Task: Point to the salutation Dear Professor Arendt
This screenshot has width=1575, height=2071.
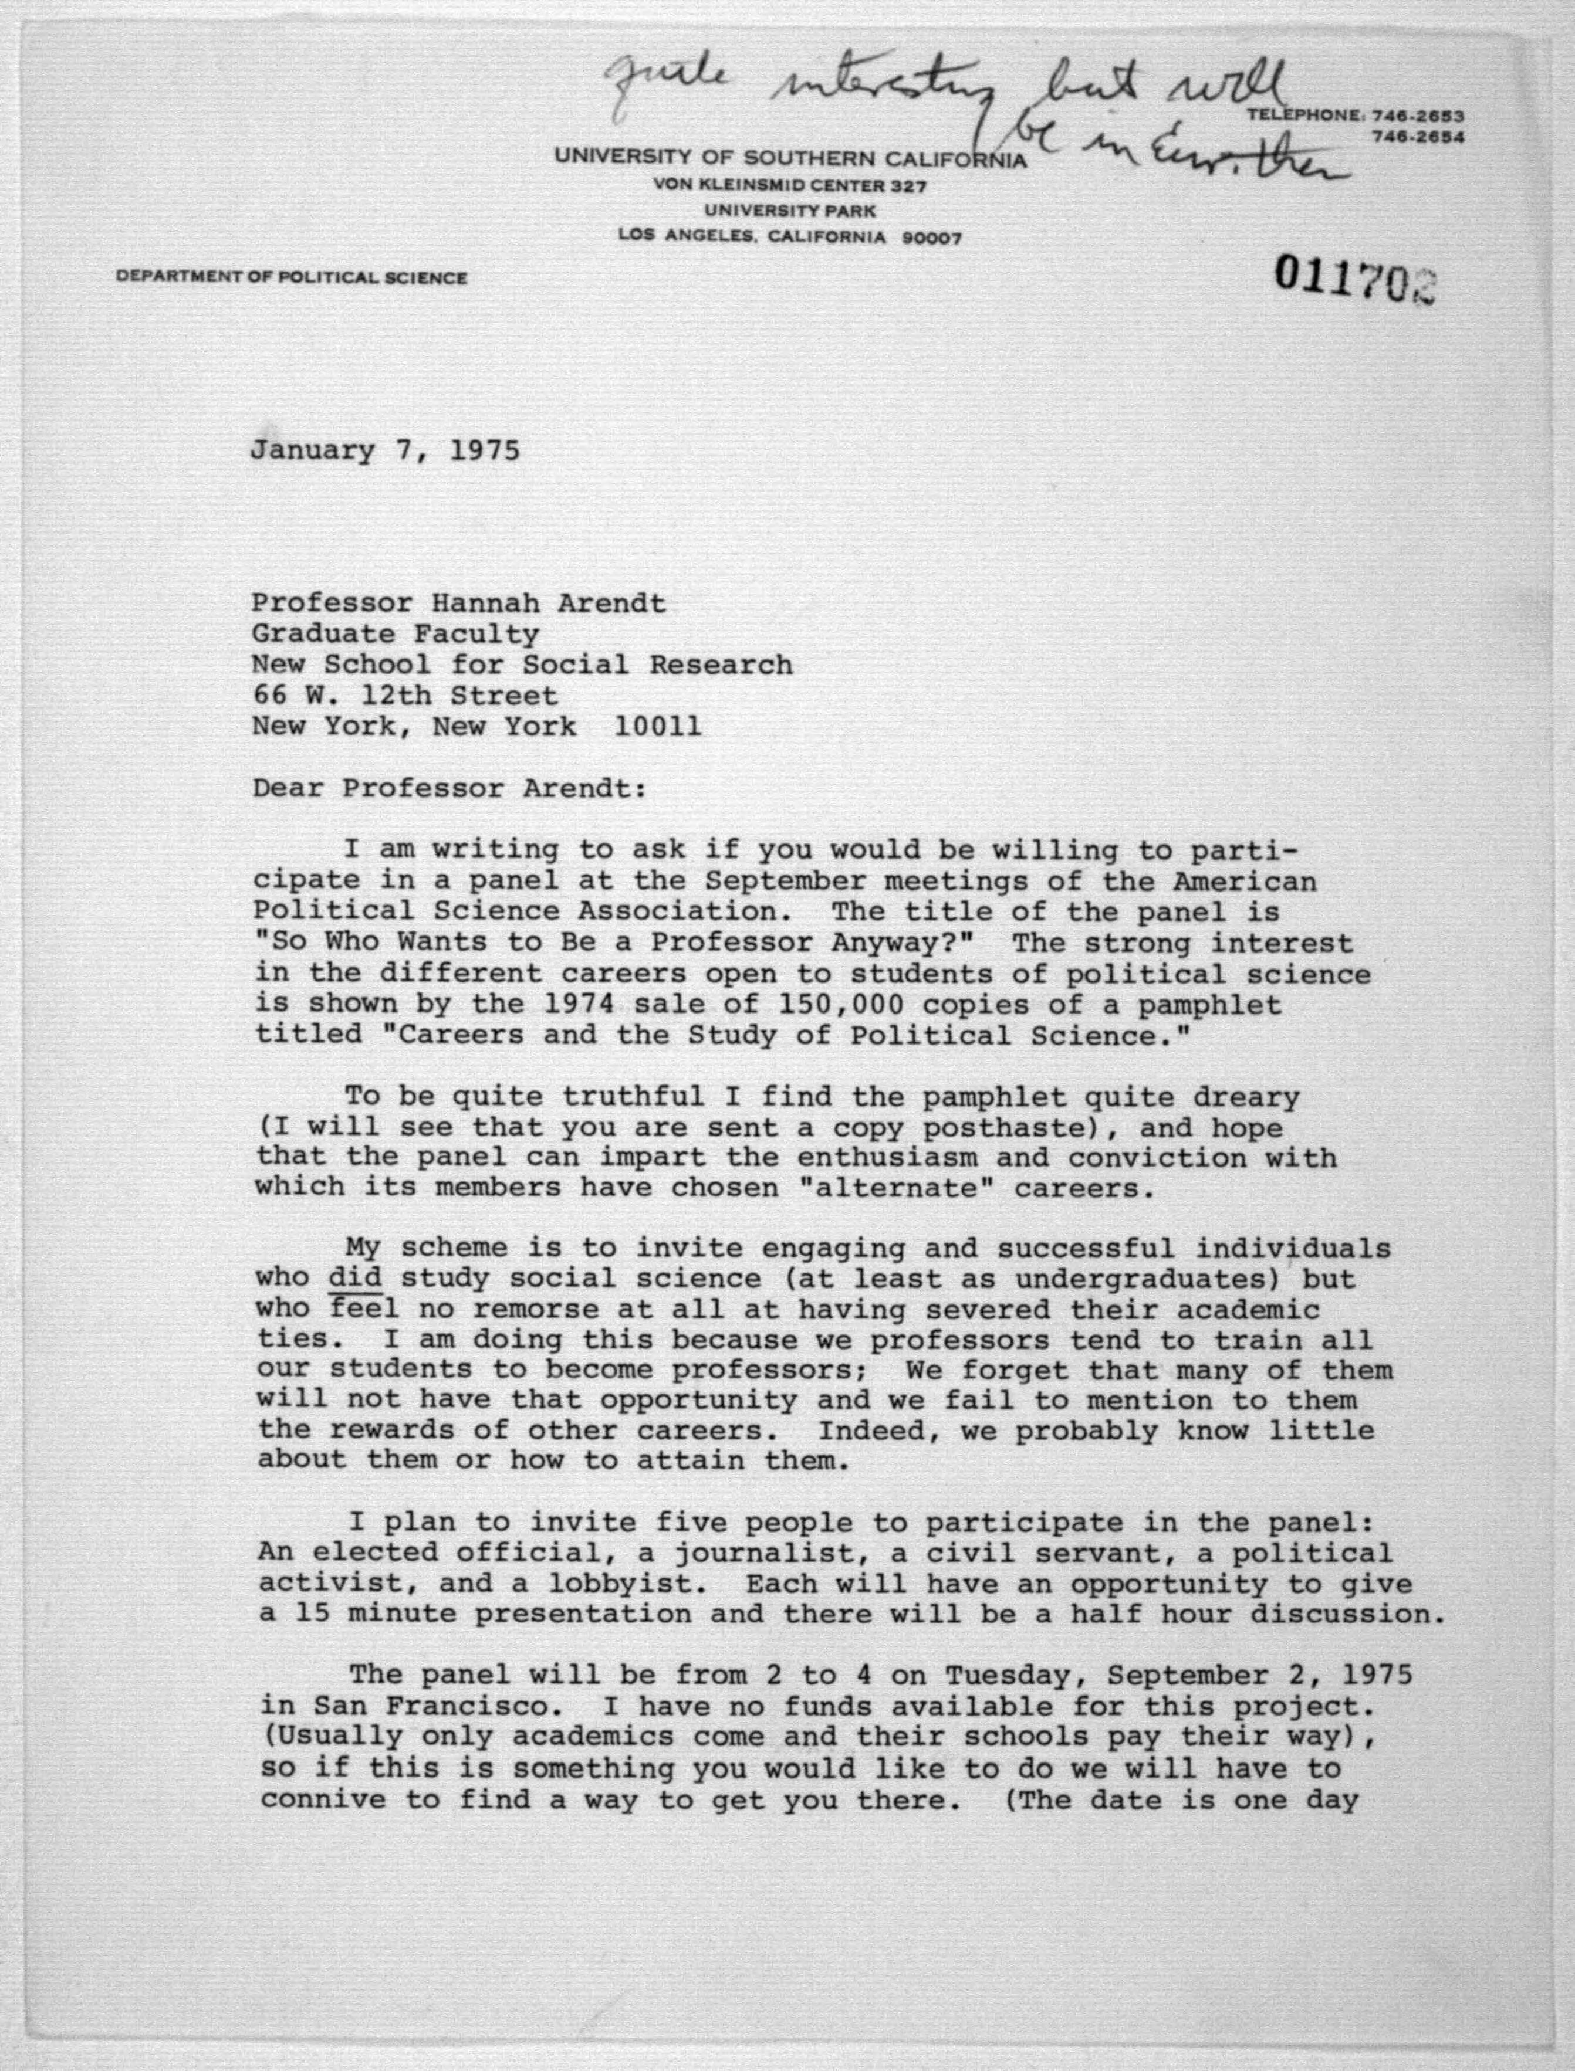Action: [449, 788]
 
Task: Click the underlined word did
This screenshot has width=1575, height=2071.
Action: [355, 1277]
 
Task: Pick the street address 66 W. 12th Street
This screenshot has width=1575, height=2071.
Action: [405, 696]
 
